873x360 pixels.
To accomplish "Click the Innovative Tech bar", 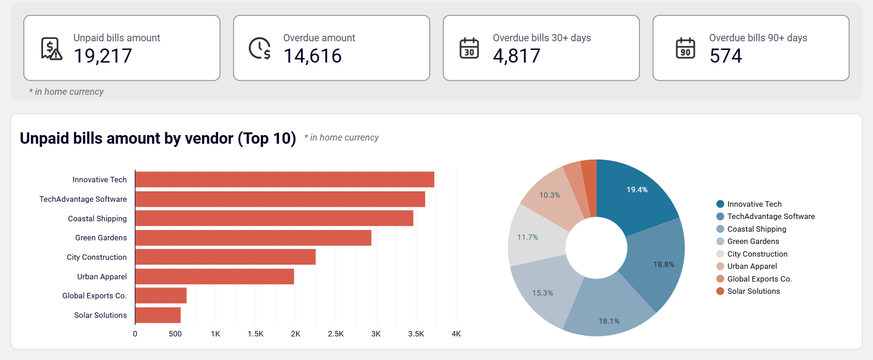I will [285, 180].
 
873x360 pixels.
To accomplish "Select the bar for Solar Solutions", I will [158, 315].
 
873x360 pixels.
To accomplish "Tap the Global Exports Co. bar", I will [161, 296].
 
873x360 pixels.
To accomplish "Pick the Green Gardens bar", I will [253, 238].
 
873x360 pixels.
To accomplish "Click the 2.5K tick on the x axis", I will [335, 334].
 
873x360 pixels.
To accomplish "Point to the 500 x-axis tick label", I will [175, 334].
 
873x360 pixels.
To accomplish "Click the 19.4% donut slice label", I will [637, 190].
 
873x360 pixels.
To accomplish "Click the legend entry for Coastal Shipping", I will [757, 229].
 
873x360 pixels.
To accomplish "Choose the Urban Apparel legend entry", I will [752, 266].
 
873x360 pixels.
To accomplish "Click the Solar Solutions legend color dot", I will [720, 291].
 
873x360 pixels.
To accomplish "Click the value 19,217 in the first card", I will [103, 56].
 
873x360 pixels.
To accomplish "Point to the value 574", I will [726, 56].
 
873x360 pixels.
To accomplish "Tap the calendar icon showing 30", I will [469, 48].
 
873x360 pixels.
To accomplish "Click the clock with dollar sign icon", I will [260, 48].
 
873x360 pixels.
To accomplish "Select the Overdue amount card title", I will [319, 38].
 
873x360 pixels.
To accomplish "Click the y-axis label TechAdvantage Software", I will [83, 199].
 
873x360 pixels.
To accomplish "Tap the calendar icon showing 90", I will [685, 48].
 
